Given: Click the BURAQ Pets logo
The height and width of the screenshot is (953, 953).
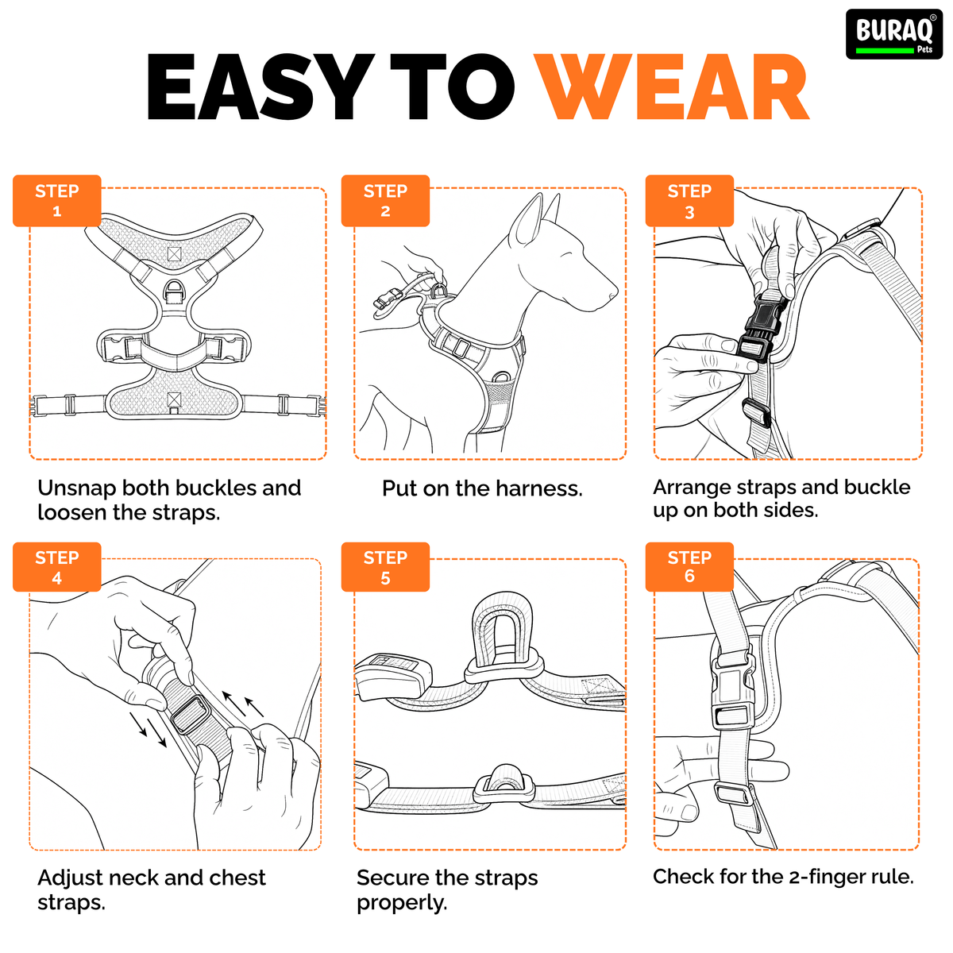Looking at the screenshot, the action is [894, 34].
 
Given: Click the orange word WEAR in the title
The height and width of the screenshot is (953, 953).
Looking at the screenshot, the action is [671, 87].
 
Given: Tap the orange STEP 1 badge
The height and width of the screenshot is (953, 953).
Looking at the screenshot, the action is [57, 201].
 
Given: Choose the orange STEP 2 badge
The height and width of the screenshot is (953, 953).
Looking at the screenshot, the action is [385, 201].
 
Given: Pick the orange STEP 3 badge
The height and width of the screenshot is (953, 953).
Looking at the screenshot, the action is [689, 201].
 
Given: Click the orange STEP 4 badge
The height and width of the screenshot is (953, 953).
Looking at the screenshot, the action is [57, 567].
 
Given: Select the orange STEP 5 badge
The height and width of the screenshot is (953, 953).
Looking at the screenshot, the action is [385, 567].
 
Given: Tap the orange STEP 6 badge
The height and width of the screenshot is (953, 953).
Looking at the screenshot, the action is [689, 567].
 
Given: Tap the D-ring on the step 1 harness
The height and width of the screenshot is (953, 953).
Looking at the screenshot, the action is [174, 291].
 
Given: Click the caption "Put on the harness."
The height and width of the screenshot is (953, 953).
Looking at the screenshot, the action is [482, 488].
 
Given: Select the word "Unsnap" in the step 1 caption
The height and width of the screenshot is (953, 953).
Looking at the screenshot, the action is [77, 488].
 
